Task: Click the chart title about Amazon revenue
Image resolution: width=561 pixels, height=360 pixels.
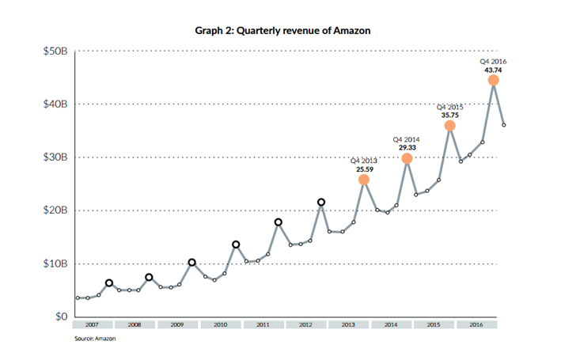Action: tap(282, 30)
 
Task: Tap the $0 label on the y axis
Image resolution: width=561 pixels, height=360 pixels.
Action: tap(60, 316)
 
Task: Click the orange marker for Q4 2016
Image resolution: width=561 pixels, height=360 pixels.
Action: tap(494, 80)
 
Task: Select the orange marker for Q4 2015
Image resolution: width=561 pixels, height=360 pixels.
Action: tap(450, 126)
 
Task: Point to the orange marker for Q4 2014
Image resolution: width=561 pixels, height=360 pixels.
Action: tap(407, 158)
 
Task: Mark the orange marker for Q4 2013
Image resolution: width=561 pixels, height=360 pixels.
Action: tap(364, 180)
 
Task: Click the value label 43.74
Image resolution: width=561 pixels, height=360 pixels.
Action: tap(494, 69)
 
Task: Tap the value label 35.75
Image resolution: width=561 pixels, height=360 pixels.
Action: tap(450, 114)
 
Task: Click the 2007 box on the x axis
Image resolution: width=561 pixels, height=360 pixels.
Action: tap(93, 324)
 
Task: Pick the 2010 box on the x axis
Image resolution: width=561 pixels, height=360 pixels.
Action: tap(222, 324)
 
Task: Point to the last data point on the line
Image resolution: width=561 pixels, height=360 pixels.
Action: tap(505, 125)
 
